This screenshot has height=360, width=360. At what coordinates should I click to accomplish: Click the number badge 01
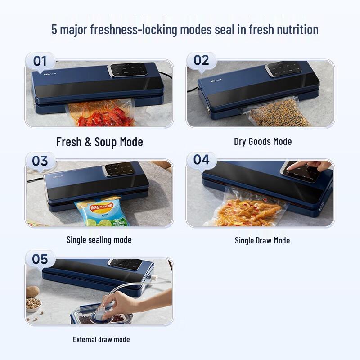(x=40, y=61)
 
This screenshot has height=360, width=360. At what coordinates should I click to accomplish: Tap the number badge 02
(x=201, y=60)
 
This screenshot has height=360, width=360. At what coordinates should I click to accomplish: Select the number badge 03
(x=40, y=161)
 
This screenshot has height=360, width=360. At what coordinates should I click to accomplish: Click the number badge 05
(x=40, y=259)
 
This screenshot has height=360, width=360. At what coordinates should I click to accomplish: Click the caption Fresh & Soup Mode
(x=99, y=142)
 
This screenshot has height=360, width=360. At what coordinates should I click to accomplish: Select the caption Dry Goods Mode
(x=263, y=141)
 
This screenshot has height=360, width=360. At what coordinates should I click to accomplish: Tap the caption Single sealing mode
(x=99, y=240)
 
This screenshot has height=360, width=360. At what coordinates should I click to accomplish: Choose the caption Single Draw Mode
(x=262, y=240)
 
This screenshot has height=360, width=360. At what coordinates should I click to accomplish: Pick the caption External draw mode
(x=101, y=339)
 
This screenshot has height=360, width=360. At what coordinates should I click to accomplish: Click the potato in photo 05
(x=33, y=292)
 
